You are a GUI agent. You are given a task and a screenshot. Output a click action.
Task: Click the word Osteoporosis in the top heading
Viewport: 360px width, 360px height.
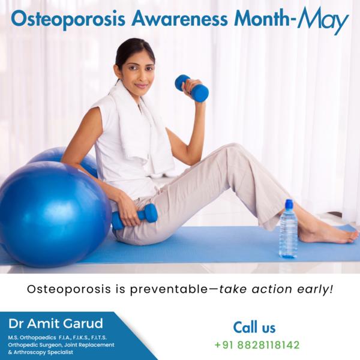point(68,19)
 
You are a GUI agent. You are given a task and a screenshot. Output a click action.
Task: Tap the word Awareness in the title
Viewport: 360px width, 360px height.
point(179,18)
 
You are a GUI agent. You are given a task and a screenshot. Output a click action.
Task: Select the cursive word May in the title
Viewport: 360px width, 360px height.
point(323,20)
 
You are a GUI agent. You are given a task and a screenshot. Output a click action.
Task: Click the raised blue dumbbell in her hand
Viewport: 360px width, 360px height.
point(192,88)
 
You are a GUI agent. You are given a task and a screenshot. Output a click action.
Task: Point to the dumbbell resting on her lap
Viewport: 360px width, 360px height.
point(134,217)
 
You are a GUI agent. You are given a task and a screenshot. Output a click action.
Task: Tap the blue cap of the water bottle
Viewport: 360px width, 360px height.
point(289,203)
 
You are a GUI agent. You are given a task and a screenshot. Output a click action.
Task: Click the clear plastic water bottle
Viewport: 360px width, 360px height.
point(288,229)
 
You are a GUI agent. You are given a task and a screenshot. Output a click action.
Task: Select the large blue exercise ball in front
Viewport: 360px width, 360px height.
point(55,214)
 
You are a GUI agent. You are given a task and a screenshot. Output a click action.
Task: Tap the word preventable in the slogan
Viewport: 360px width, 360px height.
point(169,290)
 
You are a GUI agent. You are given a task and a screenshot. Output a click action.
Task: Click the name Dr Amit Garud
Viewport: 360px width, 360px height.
point(56,323)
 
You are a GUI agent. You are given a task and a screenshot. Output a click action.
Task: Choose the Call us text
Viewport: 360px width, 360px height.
point(254,327)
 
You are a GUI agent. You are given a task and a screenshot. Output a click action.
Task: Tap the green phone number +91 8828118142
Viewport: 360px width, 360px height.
point(257,345)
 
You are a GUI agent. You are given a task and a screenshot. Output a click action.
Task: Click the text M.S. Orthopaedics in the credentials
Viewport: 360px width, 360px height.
point(32,338)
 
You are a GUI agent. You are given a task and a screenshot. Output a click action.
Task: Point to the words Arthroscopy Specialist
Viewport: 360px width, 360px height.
point(43,352)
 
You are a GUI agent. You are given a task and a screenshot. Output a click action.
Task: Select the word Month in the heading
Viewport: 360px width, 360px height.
point(262,18)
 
